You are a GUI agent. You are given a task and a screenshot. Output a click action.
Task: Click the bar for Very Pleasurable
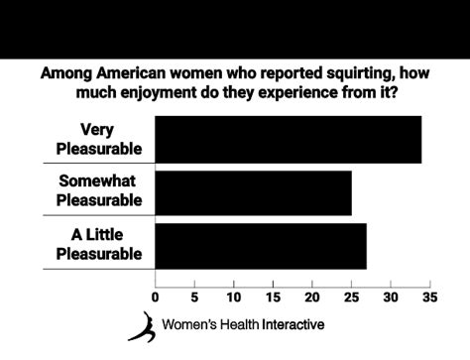coord(288,139)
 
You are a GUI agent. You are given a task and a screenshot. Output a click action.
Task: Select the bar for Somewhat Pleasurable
coord(253,192)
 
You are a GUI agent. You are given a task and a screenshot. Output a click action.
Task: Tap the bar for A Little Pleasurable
coord(261,246)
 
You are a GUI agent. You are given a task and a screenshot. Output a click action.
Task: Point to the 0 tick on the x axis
coord(156,297)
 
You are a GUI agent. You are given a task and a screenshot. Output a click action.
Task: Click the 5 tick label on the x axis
coord(194,297)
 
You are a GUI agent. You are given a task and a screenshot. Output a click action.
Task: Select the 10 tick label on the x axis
coord(234,297)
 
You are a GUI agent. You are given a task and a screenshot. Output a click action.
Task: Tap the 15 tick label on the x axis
coord(273,297)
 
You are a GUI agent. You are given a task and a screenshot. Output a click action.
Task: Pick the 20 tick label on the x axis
coord(312,297)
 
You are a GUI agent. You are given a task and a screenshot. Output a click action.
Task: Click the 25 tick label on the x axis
coord(351,297)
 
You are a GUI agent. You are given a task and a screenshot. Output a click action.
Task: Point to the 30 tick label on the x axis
coord(391,297)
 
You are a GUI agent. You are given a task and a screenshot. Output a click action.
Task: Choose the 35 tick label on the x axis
coord(429,297)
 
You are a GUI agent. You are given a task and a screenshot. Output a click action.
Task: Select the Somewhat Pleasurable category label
coord(100,191)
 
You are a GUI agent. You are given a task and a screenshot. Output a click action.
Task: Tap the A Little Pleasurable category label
coord(98,244)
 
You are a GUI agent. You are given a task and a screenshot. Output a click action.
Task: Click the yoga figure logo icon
coord(142,326)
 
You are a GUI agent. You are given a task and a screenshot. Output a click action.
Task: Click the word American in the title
coord(129,73)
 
